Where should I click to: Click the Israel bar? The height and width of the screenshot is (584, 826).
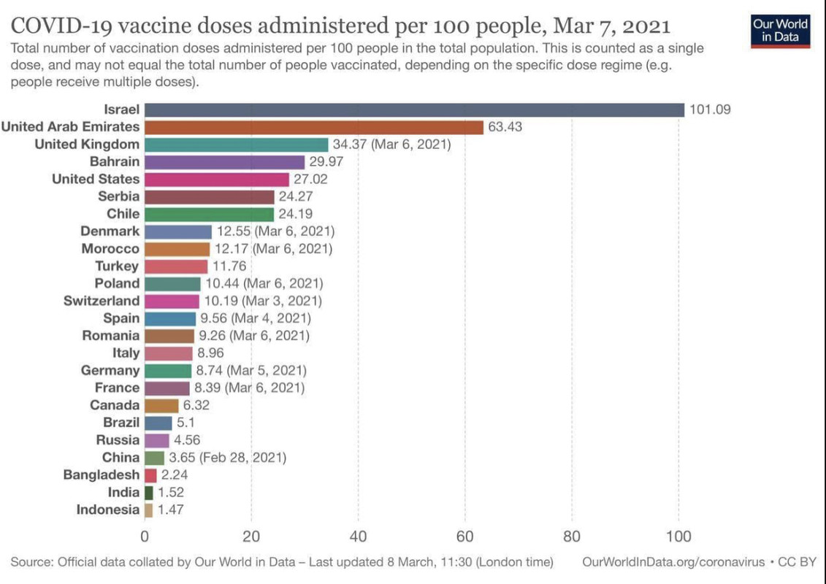(x=414, y=109)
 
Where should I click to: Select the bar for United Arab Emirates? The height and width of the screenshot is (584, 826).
(x=314, y=127)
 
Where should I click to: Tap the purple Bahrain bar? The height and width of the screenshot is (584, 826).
(x=224, y=161)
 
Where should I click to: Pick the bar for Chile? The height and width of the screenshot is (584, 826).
(x=209, y=214)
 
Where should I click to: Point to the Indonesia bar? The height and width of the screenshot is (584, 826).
(x=149, y=510)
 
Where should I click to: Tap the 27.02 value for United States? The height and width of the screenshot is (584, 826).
(x=311, y=179)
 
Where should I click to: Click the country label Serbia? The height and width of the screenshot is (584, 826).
(x=118, y=196)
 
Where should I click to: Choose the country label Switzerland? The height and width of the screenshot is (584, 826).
(x=102, y=301)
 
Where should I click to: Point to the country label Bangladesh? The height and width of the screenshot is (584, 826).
(x=102, y=474)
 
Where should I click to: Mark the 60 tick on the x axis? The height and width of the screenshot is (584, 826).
(x=465, y=537)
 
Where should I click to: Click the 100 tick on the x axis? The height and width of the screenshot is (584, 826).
(x=678, y=537)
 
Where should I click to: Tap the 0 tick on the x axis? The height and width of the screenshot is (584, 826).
(x=145, y=537)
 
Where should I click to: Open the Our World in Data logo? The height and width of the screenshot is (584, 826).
(x=781, y=30)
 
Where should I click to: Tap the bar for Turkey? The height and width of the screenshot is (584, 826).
(x=176, y=266)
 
